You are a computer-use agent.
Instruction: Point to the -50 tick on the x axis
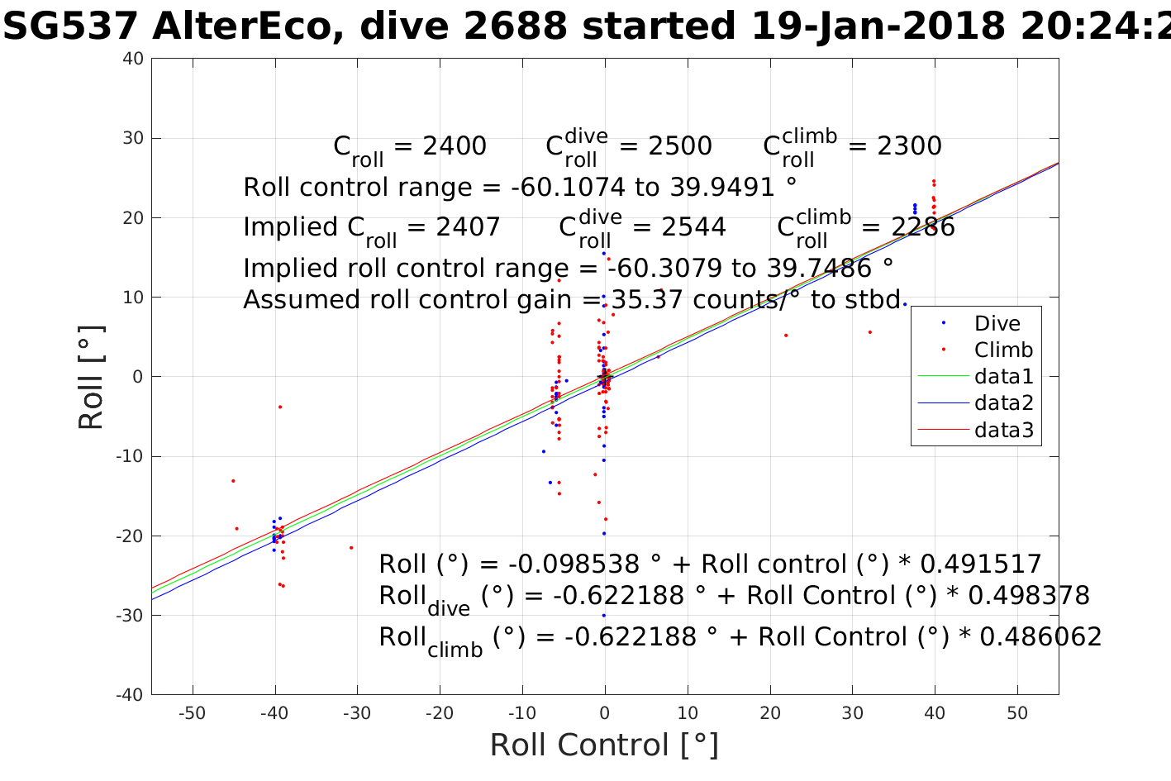(x=192, y=713)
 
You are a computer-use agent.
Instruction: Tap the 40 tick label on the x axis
(x=935, y=713)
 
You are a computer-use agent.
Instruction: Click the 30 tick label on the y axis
(x=133, y=138)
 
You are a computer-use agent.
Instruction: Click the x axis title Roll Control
(x=603, y=745)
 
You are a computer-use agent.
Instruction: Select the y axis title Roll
(x=91, y=377)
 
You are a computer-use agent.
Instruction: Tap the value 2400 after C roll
(x=455, y=146)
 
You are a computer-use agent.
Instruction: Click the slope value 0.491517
(x=980, y=564)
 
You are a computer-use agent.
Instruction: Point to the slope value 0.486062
(x=1041, y=637)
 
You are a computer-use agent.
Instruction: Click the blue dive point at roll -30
(x=603, y=615)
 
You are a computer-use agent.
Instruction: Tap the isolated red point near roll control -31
(x=351, y=547)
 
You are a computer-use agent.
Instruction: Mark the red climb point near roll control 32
(x=870, y=332)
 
